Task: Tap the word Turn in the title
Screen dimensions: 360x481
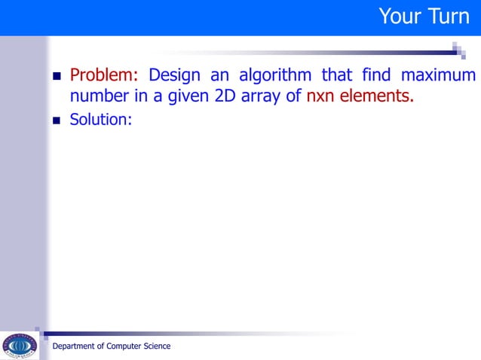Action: pos(449,16)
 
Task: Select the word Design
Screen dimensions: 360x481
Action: pos(176,76)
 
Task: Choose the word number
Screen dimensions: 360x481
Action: pos(98,97)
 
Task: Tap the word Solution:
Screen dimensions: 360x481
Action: pos(101,119)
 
